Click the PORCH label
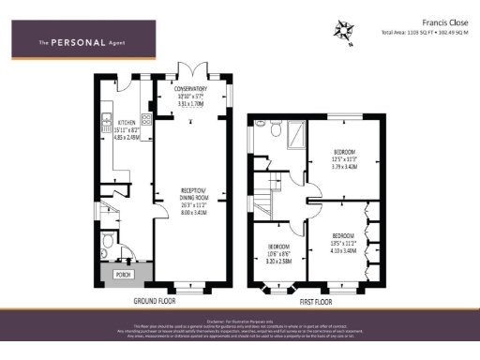122,275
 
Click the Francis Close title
438,20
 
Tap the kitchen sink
107,120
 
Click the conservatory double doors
192,71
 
